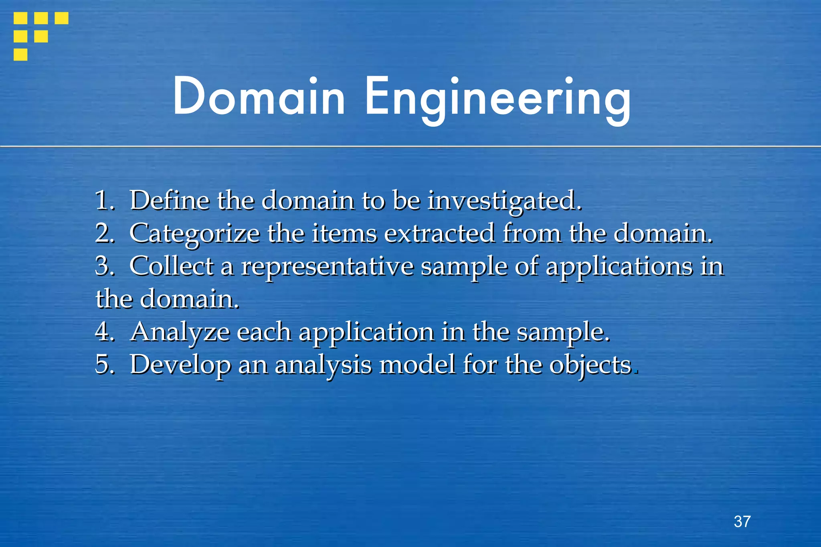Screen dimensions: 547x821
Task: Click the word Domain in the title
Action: pos(259,96)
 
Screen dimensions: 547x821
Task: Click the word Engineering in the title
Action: pos(497,98)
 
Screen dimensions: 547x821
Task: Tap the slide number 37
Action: pos(742,521)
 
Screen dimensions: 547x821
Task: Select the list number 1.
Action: pos(104,200)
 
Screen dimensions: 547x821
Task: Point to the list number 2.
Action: pos(104,233)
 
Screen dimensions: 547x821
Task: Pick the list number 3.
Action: pos(104,266)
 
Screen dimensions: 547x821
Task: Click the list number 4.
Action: pos(104,332)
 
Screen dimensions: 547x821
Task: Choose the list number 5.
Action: pos(104,365)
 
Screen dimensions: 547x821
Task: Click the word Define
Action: pos(170,200)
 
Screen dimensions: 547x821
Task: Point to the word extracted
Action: pos(439,233)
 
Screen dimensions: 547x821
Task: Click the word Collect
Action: pos(172,266)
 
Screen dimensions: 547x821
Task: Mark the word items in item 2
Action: pos(344,233)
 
